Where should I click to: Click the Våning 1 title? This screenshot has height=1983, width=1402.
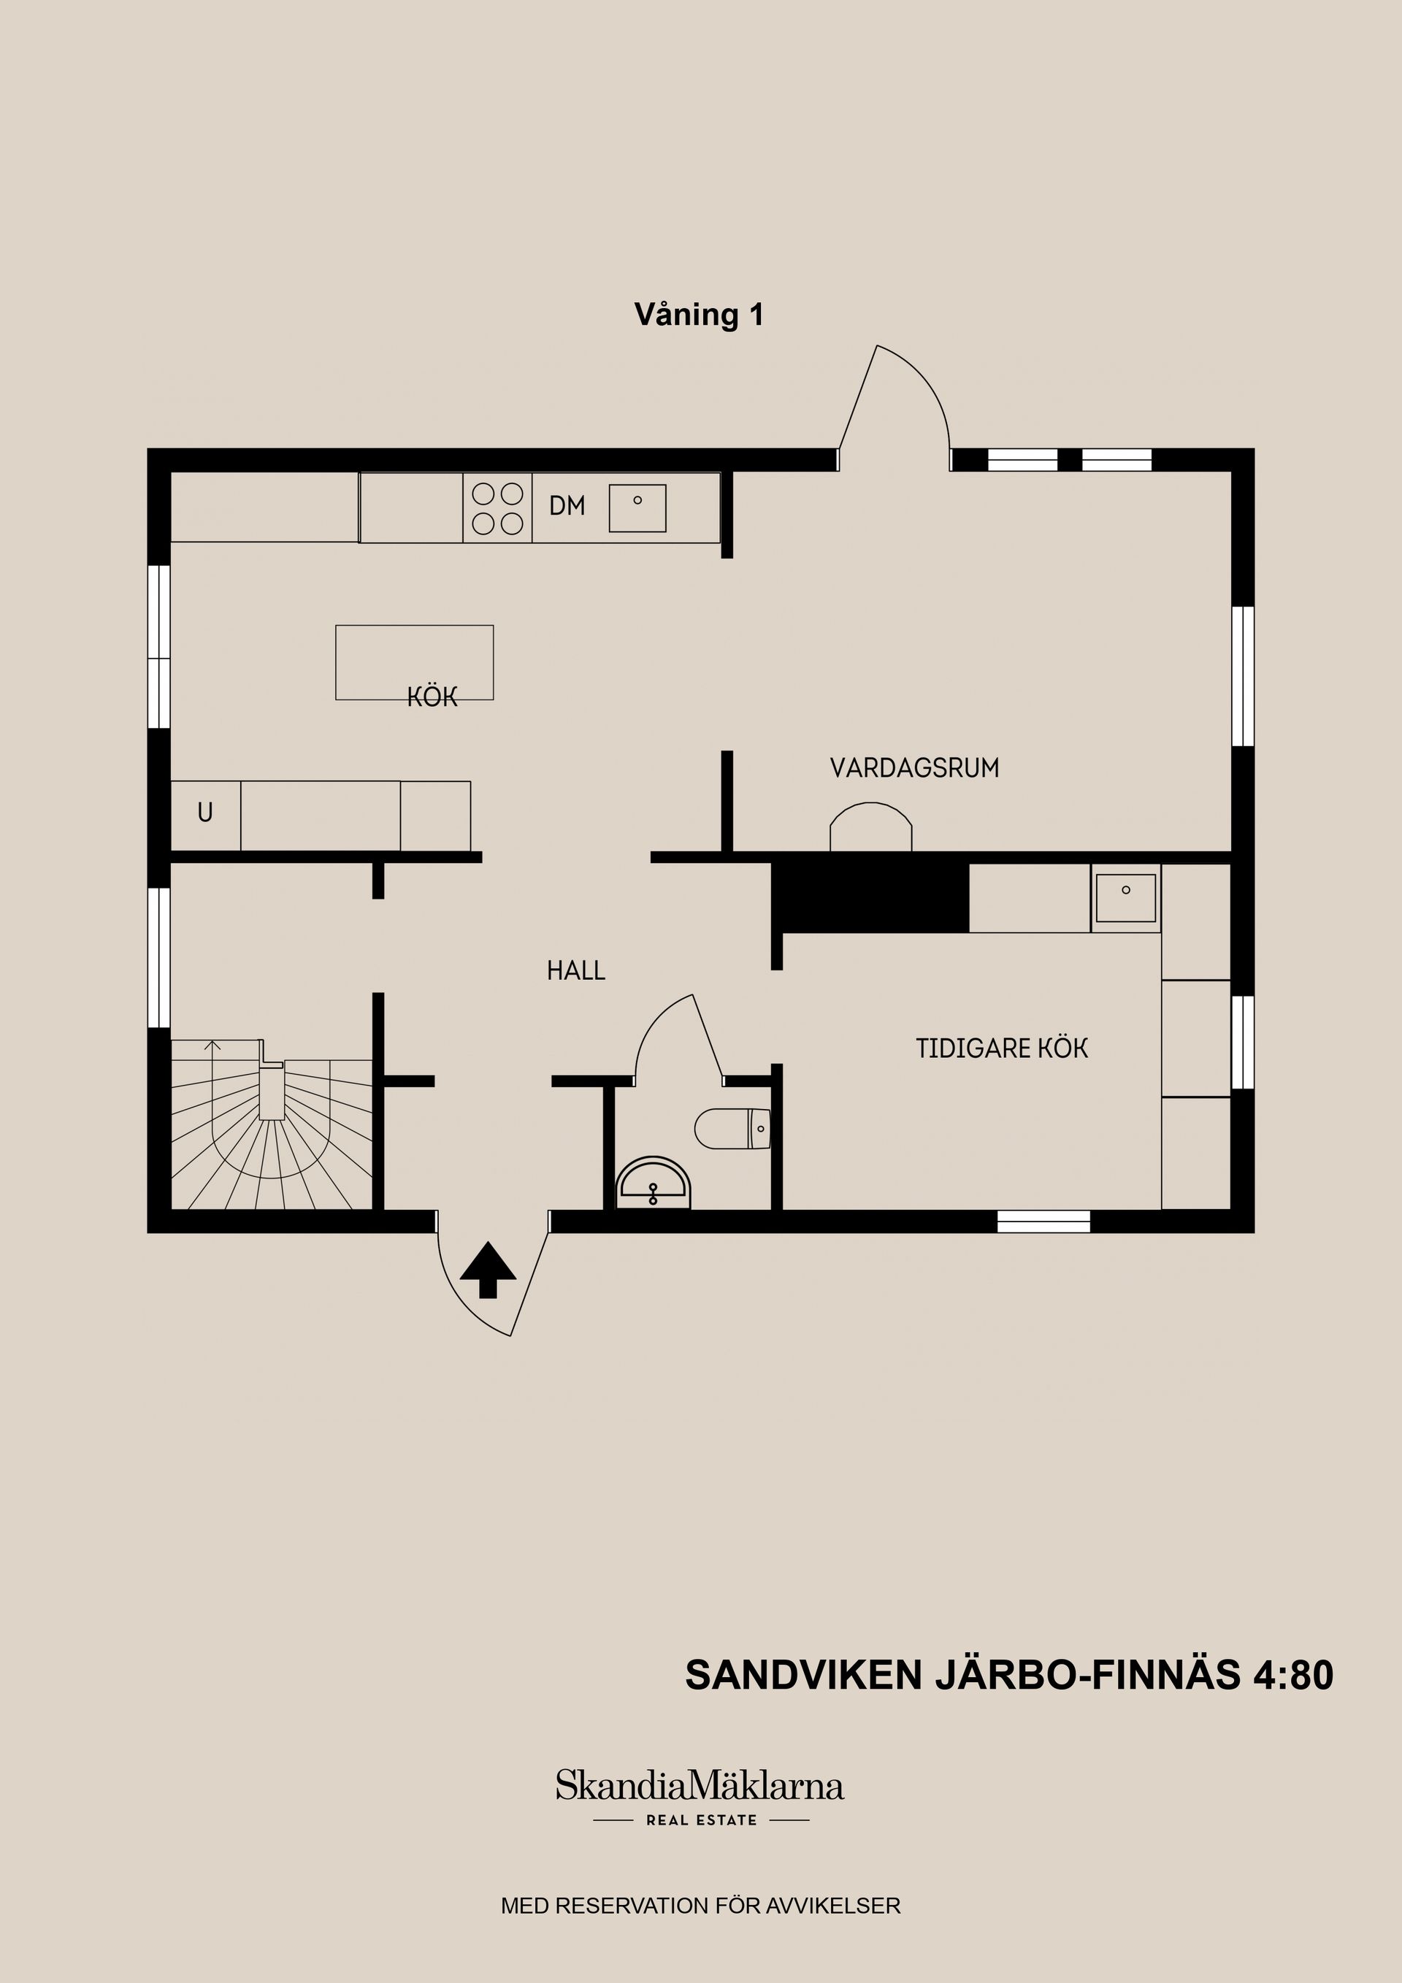tap(699, 315)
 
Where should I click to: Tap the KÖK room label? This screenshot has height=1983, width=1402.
tap(432, 698)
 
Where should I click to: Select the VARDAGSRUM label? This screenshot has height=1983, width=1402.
tap(914, 768)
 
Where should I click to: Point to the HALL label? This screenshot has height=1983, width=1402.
tap(575, 971)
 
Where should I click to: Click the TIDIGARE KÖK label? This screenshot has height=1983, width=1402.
tap(1001, 1048)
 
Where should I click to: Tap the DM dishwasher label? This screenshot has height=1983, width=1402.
tap(567, 506)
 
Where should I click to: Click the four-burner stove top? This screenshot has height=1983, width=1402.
tap(497, 508)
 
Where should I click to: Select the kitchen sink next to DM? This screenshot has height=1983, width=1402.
tap(637, 508)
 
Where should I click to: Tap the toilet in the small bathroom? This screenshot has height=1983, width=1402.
tap(732, 1128)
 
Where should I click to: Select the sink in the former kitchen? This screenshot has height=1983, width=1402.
tap(1125, 898)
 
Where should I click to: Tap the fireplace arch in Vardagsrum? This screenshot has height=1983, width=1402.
tap(870, 827)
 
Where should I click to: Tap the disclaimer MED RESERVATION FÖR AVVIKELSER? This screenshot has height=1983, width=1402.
tap(700, 1906)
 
